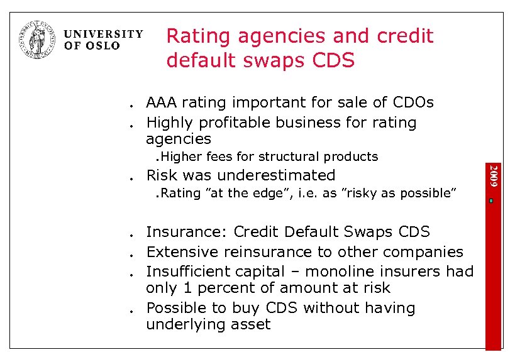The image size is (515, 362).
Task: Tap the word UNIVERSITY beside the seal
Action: pos(104,35)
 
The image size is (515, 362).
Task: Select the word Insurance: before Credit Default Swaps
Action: pos(187,232)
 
